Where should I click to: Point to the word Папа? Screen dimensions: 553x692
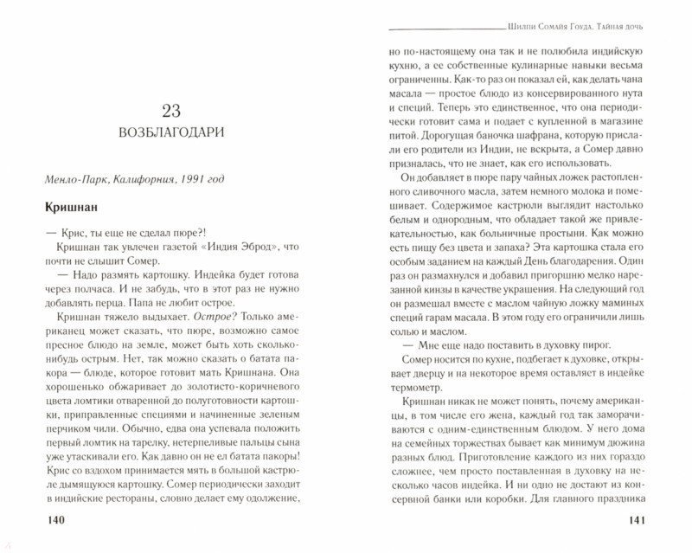click(x=131, y=305)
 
